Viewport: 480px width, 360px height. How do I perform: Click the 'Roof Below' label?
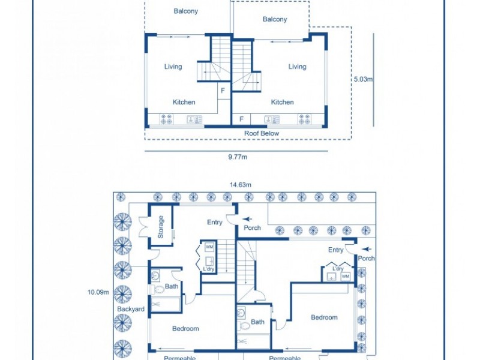[x=261, y=133]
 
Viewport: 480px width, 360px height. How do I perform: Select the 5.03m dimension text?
[x=363, y=79]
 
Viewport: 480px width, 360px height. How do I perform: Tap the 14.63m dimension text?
[x=240, y=185]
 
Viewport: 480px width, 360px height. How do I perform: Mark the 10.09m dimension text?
[x=98, y=292]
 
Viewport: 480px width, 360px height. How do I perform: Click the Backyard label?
[x=130, y=309]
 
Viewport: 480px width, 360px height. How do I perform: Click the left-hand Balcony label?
[x=185, y=11]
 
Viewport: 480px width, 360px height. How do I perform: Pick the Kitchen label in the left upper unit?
[x=184, y=102]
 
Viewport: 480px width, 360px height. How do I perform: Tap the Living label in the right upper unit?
[x=297, y=67]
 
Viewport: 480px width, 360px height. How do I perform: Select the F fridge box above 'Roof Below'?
[x=242, y=119]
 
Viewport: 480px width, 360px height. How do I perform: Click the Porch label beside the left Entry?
[x=252, y=228]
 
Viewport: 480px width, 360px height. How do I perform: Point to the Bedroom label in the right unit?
[x=324, y=317]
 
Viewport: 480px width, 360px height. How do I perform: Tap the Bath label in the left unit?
[x=172, y=287]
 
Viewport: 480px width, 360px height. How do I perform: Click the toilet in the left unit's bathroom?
[x=158, y=289]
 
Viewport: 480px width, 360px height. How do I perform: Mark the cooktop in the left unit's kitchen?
[x=166, y=119]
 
